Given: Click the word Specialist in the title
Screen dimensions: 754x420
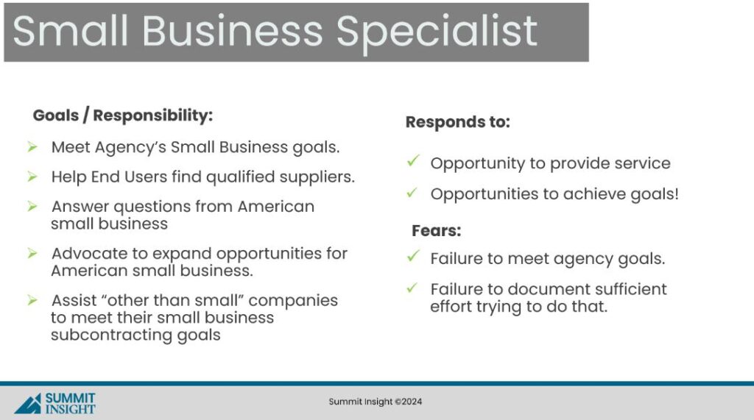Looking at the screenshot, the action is click(x=436, y=32).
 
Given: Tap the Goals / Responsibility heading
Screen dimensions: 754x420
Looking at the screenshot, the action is click(x=123, y=115).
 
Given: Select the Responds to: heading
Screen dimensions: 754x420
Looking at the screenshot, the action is click(x=457, y=122).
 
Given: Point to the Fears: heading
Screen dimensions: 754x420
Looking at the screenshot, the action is click(x=436, y=231).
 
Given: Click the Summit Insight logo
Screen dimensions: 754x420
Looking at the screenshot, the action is click(x=54, y=403).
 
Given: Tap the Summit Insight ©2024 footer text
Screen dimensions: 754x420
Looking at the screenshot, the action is click(x=375, y=402).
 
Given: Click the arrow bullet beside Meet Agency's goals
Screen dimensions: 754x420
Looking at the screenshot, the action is click(x=32, y=146).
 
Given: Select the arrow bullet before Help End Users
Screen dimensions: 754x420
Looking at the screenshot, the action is click(x=32, y=177).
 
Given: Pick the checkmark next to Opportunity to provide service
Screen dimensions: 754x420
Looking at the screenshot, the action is click(x=413, y=160).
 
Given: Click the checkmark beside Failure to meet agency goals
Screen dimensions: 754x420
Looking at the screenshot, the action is click(x=413, y=256).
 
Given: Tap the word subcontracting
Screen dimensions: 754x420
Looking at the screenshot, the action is click(x=111, y=335).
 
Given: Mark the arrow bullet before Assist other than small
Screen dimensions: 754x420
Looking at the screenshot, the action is click(x=32, y=300).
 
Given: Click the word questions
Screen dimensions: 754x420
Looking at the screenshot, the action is click(x=152, y=207).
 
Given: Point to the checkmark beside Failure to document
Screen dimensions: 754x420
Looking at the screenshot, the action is click(x=412, y=288).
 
